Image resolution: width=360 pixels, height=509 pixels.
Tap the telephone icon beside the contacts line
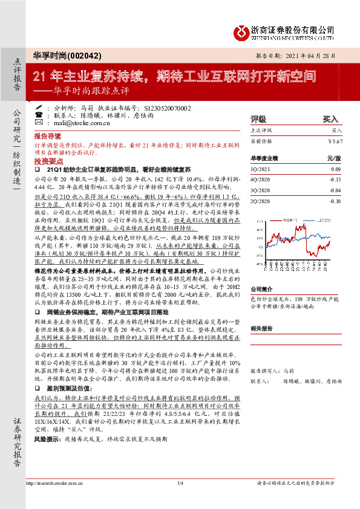click(39, 114)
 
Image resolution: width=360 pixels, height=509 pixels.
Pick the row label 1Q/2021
click(261, 170)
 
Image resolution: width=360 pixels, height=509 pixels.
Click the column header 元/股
click(334, 158)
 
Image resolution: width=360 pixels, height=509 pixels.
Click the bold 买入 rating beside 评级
click(330, 119)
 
